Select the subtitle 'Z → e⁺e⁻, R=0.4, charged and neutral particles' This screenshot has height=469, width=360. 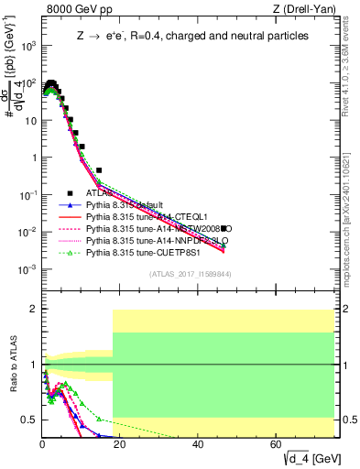tap(192, 35)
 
